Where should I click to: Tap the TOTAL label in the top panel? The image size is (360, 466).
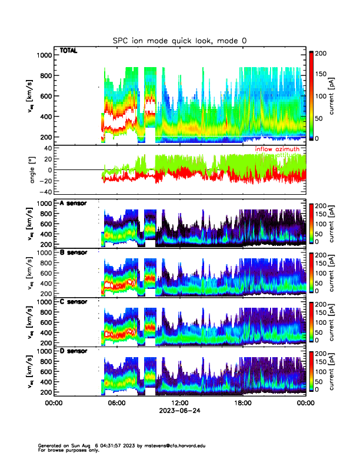(68, 51)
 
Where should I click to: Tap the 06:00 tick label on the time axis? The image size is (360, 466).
(116, 403)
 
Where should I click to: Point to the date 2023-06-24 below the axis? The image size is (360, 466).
(179, 410)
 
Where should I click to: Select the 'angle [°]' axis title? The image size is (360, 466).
(34, 170)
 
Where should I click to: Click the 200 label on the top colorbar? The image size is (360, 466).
(324, 54)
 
